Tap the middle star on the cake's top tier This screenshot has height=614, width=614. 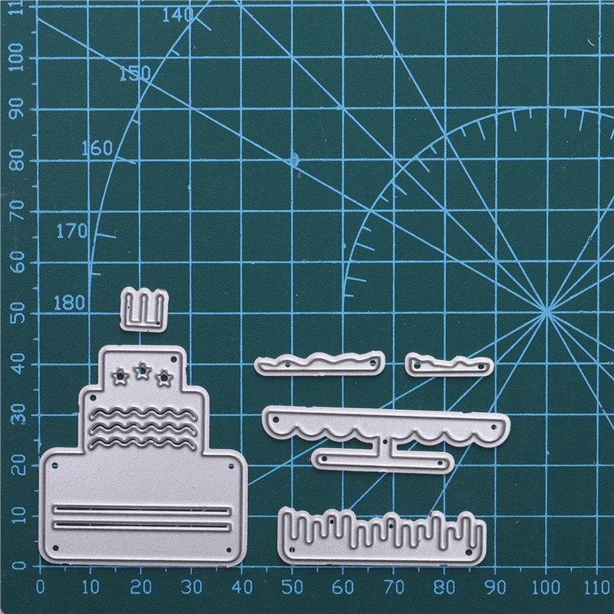(141, 372)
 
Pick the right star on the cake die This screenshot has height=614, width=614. (163, 377)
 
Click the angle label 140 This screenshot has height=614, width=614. (177, 15)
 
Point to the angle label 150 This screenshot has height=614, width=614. (135, 74)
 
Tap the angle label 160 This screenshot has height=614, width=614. (97, 147)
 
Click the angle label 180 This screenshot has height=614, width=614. (69, 302)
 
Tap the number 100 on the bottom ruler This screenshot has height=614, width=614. (546, 587)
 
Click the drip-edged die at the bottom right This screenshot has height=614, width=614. (381, 534)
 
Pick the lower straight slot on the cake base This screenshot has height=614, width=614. (142, 525)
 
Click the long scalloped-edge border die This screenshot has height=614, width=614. (384, 424)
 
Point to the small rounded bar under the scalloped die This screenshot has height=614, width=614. (381, 460)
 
